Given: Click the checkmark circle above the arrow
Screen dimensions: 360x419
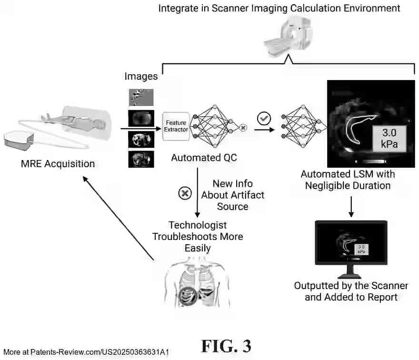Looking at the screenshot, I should click(263, 117).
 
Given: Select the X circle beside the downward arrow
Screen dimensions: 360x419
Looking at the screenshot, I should click(184, 193).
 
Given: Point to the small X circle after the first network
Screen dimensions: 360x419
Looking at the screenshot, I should click(243, 128).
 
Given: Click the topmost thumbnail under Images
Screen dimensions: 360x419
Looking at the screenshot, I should click(141, 97).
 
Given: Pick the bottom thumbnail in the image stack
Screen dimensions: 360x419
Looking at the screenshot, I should click(141, 159).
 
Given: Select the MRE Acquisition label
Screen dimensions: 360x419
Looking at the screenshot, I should click(58, 164).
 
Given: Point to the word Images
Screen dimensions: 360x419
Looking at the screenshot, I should click(141, 76).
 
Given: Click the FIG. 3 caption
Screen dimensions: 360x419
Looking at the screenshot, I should click(226, 346).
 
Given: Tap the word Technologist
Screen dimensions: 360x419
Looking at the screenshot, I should click(198, 225).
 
